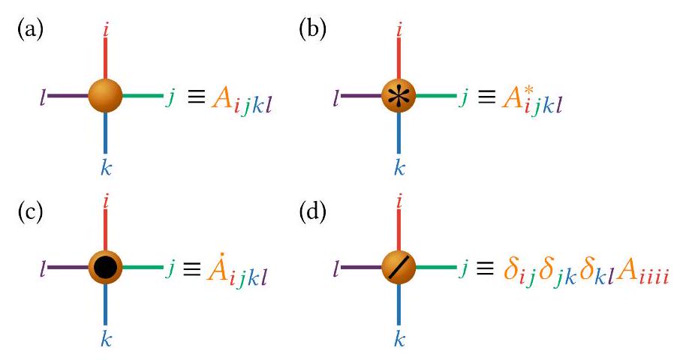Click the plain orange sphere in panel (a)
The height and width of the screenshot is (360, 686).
[x=104, y=96]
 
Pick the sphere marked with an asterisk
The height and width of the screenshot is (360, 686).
[x=399, y=96]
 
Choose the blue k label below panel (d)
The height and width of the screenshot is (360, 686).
[x=399, y=339]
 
